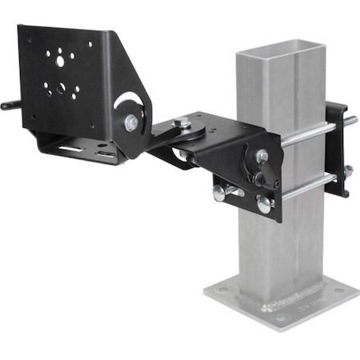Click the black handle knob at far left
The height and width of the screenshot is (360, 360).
pos(8,105)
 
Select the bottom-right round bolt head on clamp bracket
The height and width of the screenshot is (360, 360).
pos(264,205)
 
